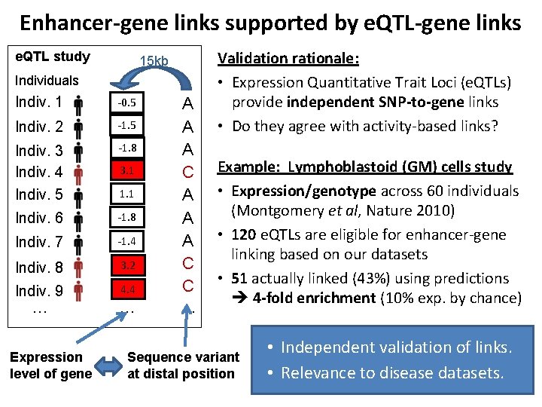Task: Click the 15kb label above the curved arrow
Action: coord(154,60)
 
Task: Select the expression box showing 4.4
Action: coord(126,289)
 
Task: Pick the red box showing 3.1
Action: coord(126,170)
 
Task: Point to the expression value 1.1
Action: coord(126,194)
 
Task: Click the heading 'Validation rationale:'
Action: coord(288,58)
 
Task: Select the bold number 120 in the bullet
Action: coord(245,234)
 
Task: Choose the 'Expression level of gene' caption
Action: coord(50,366)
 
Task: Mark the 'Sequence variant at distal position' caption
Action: coord(183,366)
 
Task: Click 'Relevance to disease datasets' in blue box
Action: coord(391,372)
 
